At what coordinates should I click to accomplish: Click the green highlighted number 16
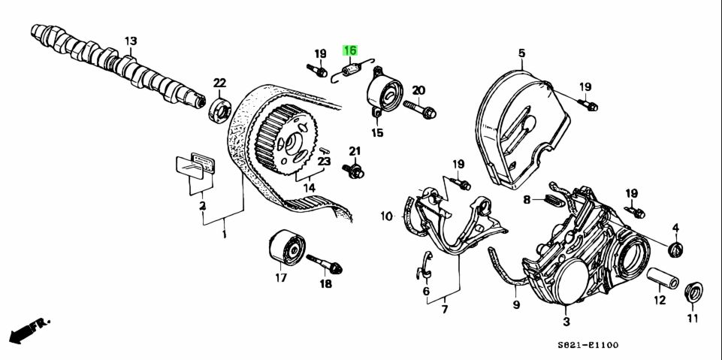click(x=350, y=51)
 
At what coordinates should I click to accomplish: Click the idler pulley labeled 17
click(x=285, y=248)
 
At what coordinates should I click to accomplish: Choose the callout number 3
click(x=566, y=321)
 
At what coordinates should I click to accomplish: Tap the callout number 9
click(x=516, y=304)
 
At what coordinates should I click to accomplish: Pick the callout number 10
click(x=386, y=216)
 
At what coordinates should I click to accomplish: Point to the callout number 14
click(x=309, y=188)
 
